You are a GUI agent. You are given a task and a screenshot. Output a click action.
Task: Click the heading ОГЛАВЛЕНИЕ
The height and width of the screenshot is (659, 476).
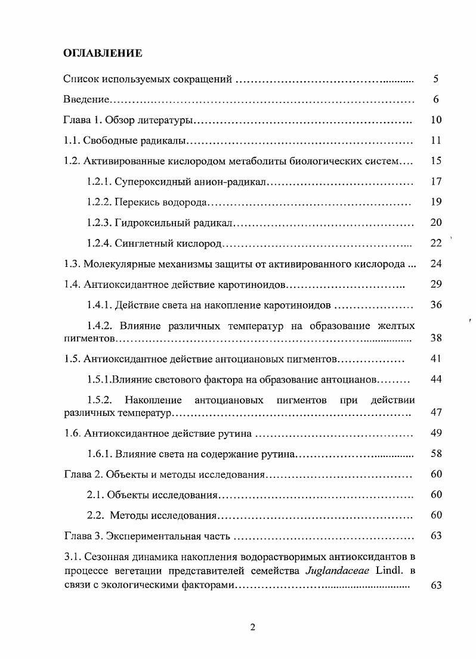point(103,54)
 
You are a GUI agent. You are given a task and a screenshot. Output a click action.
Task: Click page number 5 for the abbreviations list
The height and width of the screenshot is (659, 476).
point(435,79)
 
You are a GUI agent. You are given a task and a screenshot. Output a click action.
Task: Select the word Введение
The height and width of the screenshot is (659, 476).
point(85,100)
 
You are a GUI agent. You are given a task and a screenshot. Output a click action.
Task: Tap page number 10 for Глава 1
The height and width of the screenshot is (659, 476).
point(435,120)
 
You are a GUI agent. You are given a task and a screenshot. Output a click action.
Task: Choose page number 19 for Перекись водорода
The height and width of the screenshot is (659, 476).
point(435,202)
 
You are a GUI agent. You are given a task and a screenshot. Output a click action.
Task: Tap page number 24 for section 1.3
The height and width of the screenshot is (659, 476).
point(435,263)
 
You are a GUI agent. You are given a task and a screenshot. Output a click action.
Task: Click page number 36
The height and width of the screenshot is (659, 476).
point(435,304)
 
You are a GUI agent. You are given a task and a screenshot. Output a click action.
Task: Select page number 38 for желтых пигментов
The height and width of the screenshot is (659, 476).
point(435,338)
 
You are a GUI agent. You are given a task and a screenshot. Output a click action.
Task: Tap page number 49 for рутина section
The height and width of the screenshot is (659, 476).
point(435,433)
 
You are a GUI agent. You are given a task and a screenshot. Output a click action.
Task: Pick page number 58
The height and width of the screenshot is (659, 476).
point(435,454)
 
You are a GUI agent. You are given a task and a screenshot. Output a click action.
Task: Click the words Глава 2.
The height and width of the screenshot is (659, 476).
point(81,474)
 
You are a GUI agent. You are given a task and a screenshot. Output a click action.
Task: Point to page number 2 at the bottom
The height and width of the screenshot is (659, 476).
point(252,626)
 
